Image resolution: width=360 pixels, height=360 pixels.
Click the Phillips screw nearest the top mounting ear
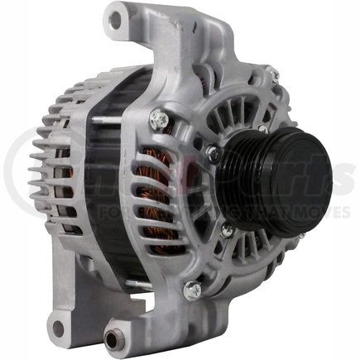pyautogui.click(x=159, y=121)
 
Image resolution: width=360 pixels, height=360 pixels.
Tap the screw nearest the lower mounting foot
pyautogui.click(x=192, y=290)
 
